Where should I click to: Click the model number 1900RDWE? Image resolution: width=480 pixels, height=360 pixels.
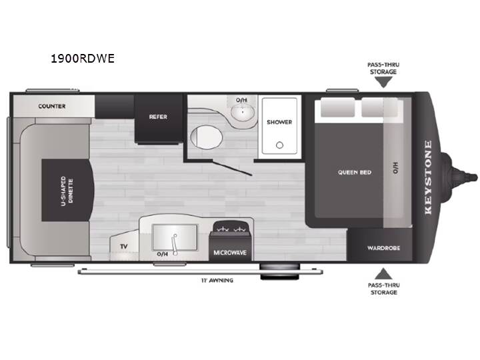pos(83,58)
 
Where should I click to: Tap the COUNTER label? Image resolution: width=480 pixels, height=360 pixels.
pos(52,106)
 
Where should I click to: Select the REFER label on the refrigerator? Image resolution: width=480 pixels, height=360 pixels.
pos(158,117)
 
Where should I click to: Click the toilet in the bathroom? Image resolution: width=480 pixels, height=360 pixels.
pos(207,137)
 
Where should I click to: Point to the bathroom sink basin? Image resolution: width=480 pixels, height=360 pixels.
pos(243,112)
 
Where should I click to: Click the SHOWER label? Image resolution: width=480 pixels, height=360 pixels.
pos(279,122)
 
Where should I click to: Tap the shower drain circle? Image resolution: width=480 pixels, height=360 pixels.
pos(279,145)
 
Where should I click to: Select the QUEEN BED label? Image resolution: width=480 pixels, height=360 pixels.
pos(355,173)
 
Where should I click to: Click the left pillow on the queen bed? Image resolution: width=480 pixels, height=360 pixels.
pos(337,107)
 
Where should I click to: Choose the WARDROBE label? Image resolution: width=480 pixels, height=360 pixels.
pos(383,248)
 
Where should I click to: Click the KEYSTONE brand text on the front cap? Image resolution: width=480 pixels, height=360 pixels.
pos(428,177)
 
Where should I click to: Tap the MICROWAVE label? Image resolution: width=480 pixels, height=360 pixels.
pos(230,253)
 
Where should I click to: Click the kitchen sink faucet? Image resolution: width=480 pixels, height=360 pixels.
pos(175,245)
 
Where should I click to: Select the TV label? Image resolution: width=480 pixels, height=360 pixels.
pos(124,247)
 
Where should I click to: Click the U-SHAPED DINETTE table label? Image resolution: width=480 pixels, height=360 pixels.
pos(67,191)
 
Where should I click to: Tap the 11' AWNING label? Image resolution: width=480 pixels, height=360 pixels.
pos(217,280)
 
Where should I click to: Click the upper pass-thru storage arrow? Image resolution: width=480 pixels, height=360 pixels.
pos(383,82)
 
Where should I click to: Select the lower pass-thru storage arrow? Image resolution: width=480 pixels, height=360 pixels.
pos(383,274)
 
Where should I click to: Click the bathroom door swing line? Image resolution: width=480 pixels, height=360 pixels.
pos(233,168)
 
